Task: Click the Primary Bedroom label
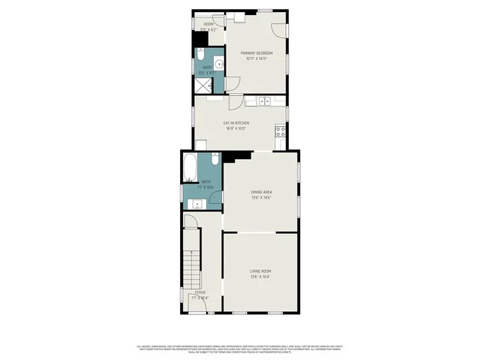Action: [x=256, y=53]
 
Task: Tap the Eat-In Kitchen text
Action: [x=236, y=123]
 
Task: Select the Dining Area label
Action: [x=261, y=193]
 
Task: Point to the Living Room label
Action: [x=260, y=271]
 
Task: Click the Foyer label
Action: [x=199, y=292]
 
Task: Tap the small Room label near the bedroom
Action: [x=208, y=25]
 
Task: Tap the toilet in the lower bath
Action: [x=214, y=160]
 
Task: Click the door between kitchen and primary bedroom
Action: [x=235, y=102]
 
